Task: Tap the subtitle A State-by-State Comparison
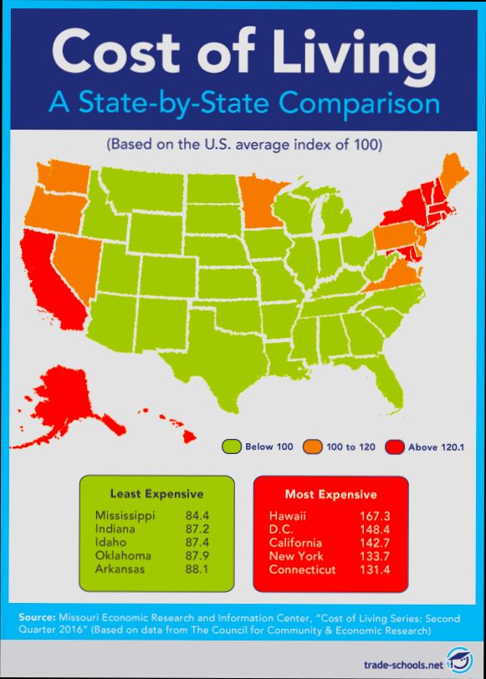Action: [243, 105]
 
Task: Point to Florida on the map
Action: [387, 376]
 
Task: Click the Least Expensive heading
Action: [156, 493]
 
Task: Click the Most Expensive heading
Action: [330, 494]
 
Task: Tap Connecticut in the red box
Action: [303, 569]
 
